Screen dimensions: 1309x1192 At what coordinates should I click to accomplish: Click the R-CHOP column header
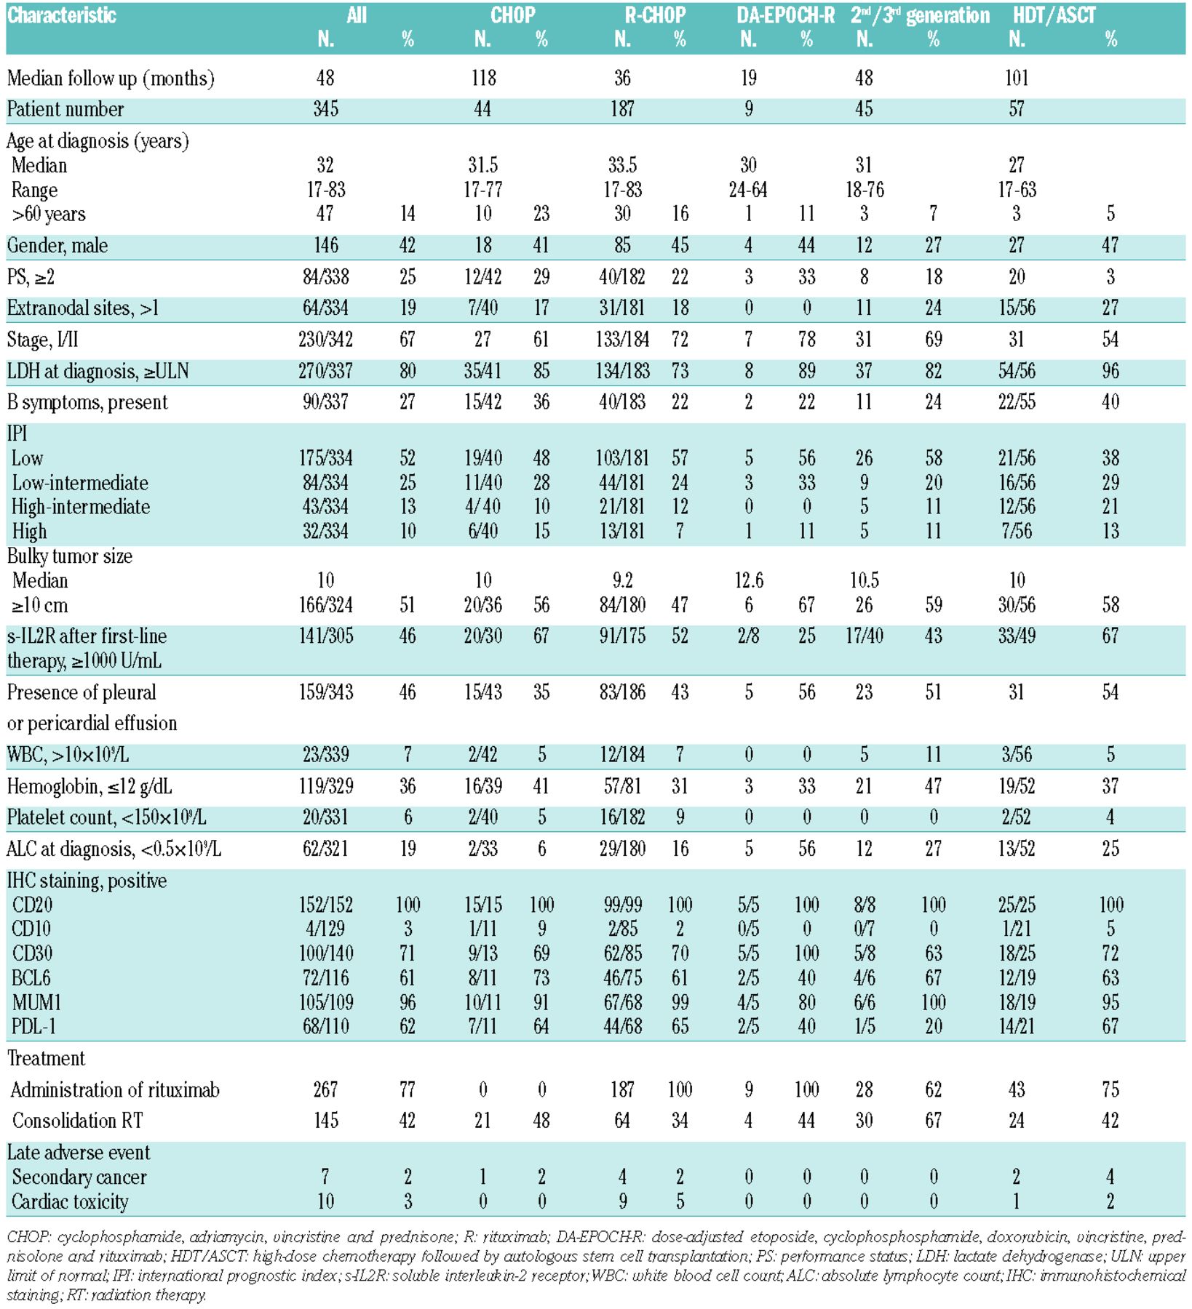coord(654,15)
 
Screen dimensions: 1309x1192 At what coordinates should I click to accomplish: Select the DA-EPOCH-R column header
coord(785,15)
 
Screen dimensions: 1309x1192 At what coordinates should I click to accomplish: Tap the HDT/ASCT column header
coord(1054,15)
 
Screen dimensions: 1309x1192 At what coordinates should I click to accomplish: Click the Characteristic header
coord(62,15)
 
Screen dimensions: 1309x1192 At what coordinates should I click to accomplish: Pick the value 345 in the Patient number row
coord(325,109)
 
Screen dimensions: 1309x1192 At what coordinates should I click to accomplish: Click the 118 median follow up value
coord(483,78)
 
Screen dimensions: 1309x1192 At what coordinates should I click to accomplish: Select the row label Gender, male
coord(57,246)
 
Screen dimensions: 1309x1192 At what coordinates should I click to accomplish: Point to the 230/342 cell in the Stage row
coord(325,340)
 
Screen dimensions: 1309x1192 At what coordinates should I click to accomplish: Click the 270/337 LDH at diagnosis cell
coord(325,372)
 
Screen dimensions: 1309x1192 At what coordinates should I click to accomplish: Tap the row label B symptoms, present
coord(87,402)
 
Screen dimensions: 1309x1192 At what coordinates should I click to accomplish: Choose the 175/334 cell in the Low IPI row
coord(325,458)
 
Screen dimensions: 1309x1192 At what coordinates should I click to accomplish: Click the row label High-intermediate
coord(81,507)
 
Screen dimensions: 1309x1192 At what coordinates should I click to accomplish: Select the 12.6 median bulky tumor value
coord(749,580)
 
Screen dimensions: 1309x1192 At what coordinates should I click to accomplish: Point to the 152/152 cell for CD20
coord(325,905)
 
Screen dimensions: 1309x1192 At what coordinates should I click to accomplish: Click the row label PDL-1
coord(34,1027)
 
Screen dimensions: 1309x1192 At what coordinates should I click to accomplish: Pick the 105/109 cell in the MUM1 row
coord(325,1003)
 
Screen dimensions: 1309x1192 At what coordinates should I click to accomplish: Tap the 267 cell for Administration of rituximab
coord(325,1089)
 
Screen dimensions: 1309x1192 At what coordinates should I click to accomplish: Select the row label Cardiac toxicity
coord(70,1201)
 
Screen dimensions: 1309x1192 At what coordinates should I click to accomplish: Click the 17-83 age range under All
coord(325,191)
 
